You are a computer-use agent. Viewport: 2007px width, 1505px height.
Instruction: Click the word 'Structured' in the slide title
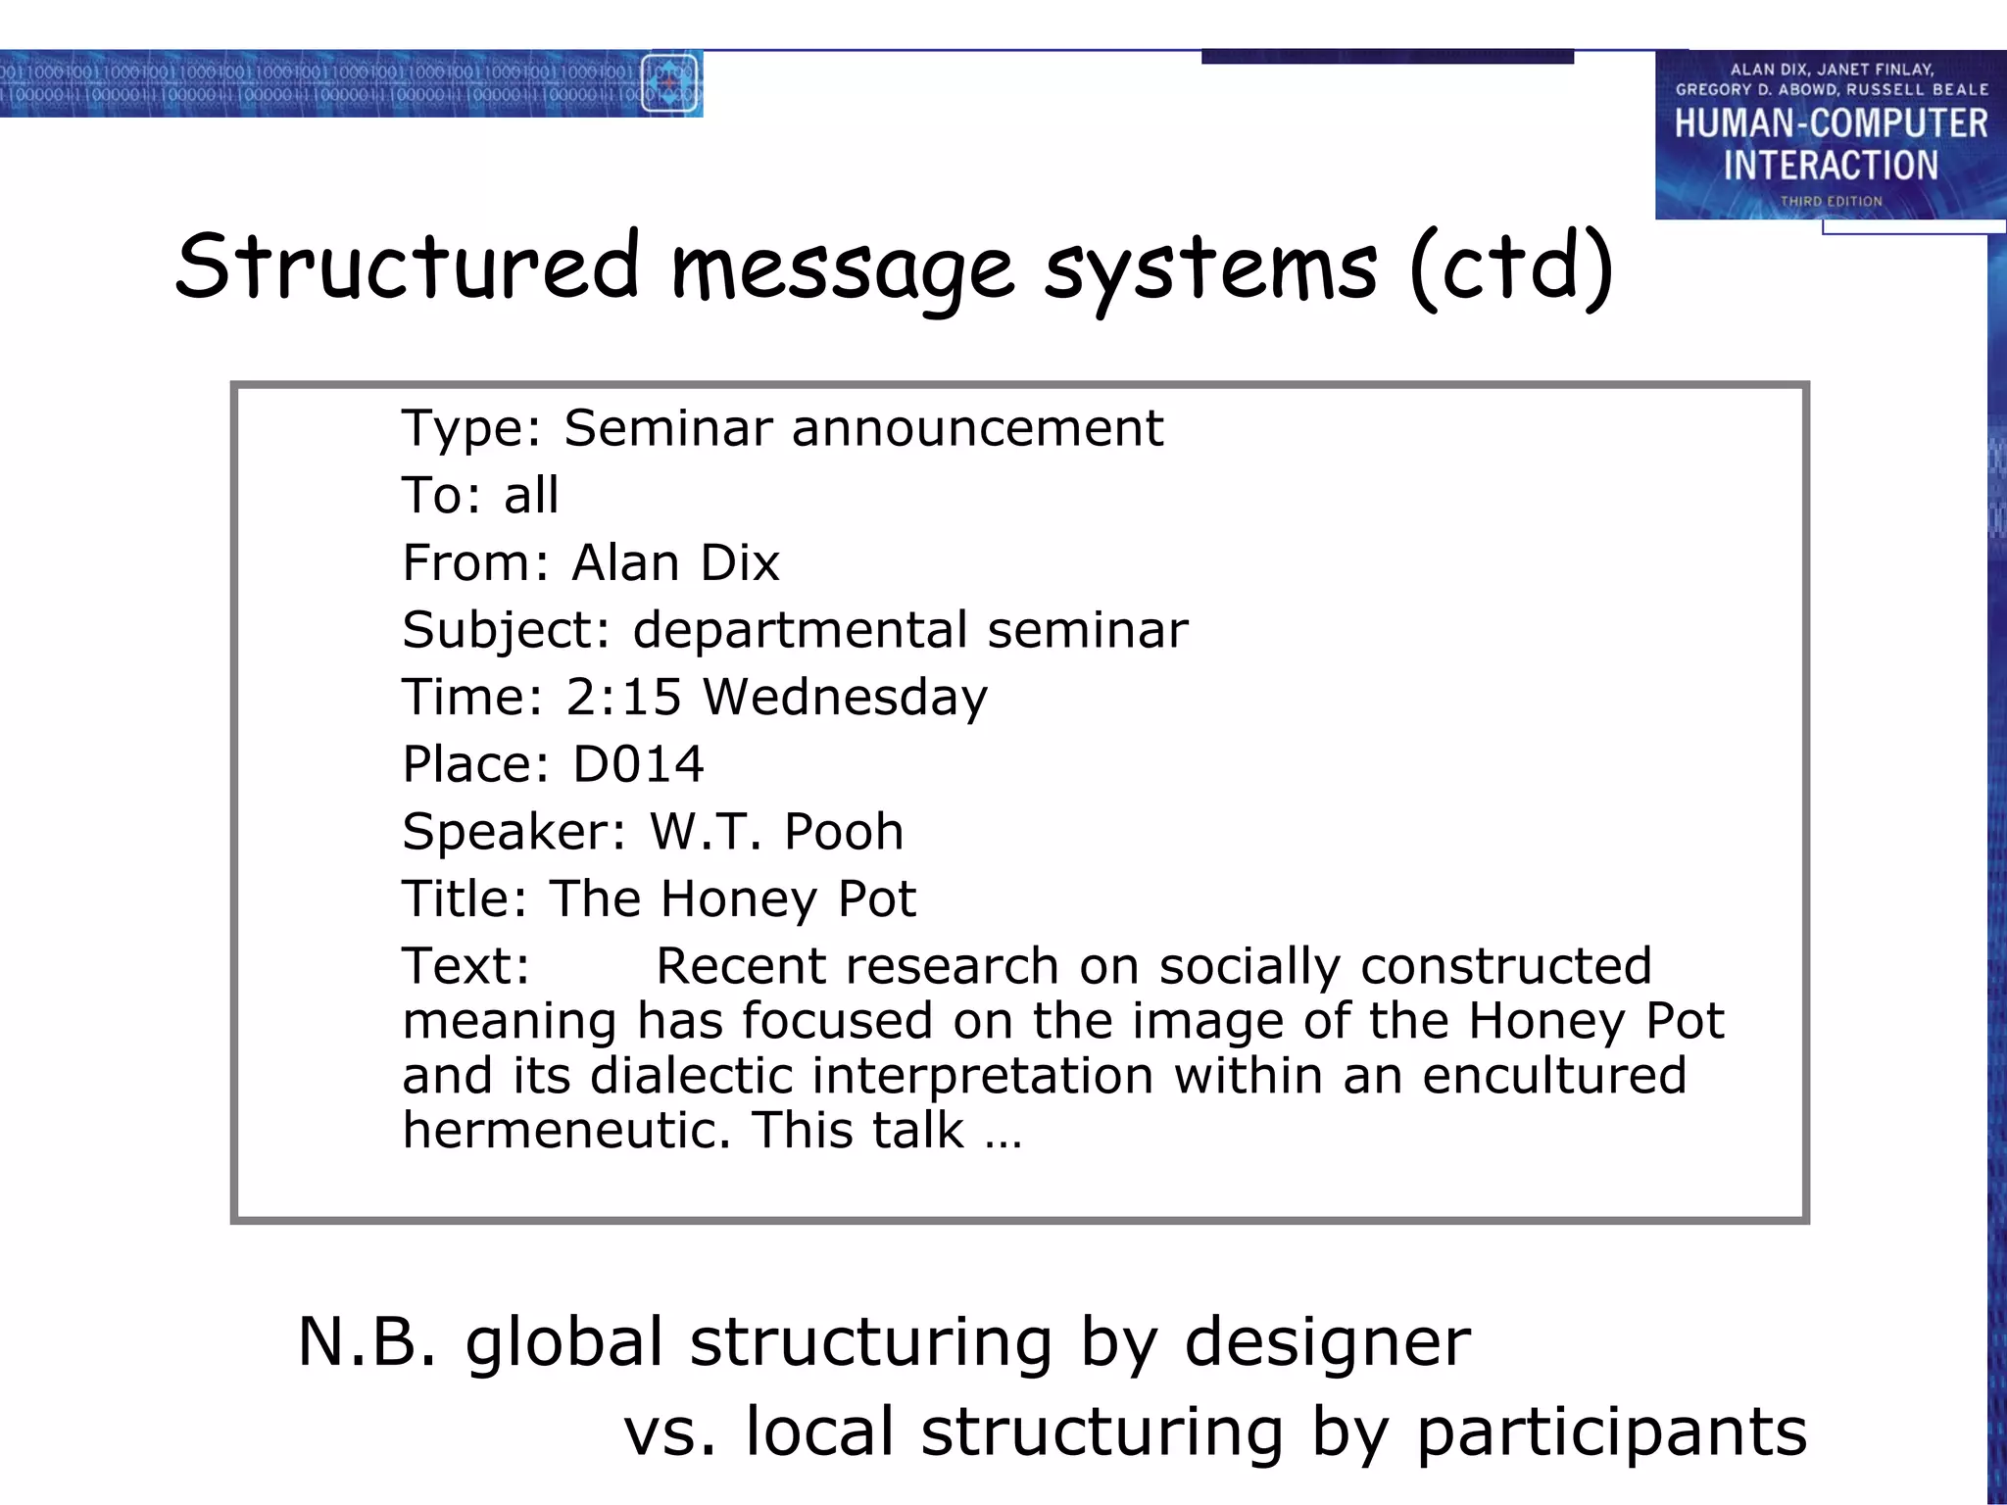click(x=408, y=267)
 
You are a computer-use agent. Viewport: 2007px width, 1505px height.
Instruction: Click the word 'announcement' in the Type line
click(x=977, y=428)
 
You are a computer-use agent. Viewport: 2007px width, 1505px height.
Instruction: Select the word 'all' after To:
click(x=531, y=495)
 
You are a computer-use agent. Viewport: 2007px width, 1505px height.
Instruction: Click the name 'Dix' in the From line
click(x=740, y=562)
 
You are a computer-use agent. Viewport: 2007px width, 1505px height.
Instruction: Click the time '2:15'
click(x=623, y=697)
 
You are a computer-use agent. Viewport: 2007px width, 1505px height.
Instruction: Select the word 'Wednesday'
click(x=846, y=699)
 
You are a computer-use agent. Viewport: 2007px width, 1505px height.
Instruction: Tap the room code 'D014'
click(x=638, y=764)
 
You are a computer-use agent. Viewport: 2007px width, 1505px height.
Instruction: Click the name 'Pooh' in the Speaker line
click(x=844, y=832)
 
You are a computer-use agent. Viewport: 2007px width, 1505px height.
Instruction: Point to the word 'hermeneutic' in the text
click(x=566, y=1130)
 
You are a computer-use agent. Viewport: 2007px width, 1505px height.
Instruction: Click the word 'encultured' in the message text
click(x=1554, y=1076)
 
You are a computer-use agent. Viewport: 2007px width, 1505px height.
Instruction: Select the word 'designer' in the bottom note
click(x=1327, y=1343)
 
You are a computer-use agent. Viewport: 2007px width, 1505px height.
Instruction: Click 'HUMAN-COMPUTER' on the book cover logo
click(x=1831, y=124)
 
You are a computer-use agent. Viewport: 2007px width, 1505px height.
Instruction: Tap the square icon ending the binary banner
click(x=669, y=83)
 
